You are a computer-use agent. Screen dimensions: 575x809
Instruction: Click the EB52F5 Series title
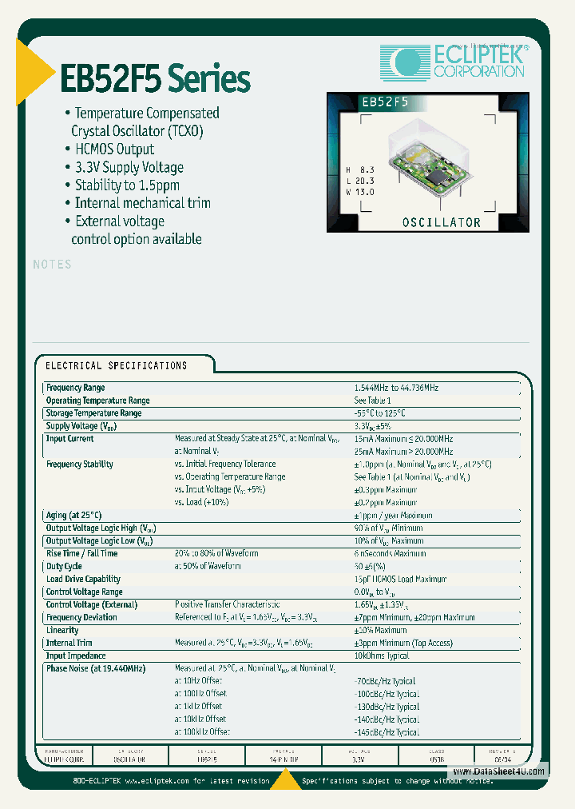(156, 79)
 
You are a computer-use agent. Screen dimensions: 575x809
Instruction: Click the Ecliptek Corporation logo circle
(405, 61)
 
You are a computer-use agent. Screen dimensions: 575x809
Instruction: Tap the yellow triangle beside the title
(33, 73)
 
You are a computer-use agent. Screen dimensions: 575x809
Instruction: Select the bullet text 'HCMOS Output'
(114, 149)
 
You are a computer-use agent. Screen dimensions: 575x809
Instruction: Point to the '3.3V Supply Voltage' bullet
(129, 167)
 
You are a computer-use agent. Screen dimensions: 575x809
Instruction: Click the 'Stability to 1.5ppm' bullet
(127, 185)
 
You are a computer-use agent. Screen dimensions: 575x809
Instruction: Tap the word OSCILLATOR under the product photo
(441, 222)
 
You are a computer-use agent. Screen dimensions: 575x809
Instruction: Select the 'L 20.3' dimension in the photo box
(360, 181)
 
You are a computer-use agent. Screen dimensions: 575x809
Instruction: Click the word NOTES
(53, 265)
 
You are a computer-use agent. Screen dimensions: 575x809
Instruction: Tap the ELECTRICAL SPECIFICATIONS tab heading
(117, 365)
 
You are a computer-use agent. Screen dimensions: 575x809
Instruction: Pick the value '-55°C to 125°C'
(380, 413)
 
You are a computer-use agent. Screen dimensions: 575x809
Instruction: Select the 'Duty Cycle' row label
(65, 566)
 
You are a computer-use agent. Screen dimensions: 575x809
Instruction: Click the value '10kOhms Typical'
(381, 656)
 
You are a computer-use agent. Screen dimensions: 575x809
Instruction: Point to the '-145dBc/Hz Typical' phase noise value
(386, 732)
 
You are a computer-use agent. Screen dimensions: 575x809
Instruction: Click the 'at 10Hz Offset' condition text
(200, 681)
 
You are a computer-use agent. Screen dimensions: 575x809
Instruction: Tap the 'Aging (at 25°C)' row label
(74, 516)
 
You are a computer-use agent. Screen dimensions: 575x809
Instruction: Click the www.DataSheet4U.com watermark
(498, 771)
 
